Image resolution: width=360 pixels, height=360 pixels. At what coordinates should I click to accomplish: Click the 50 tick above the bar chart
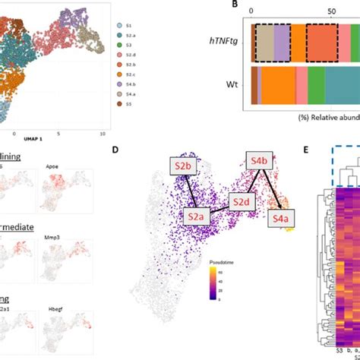coord(332,12)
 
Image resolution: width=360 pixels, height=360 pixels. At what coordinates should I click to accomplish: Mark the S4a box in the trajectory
coord(281,218)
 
